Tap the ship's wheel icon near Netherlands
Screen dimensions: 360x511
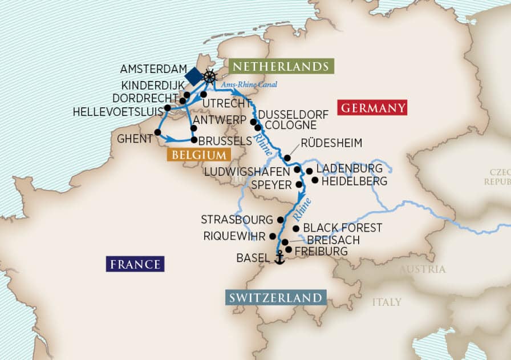pos(210,76)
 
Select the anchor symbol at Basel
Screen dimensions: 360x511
pos(279,258)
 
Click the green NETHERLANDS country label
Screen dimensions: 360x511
pos(281,66)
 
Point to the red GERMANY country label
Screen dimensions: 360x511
pos(372,107)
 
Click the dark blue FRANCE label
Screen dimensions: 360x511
pos(135,264)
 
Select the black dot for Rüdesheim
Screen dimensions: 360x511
pos(288,158)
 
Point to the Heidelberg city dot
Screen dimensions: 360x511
pos(314,180)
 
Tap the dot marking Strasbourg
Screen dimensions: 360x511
pos(279,220)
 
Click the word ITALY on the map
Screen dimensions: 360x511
pos(387,302)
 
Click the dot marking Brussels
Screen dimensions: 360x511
pos(194,139)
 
